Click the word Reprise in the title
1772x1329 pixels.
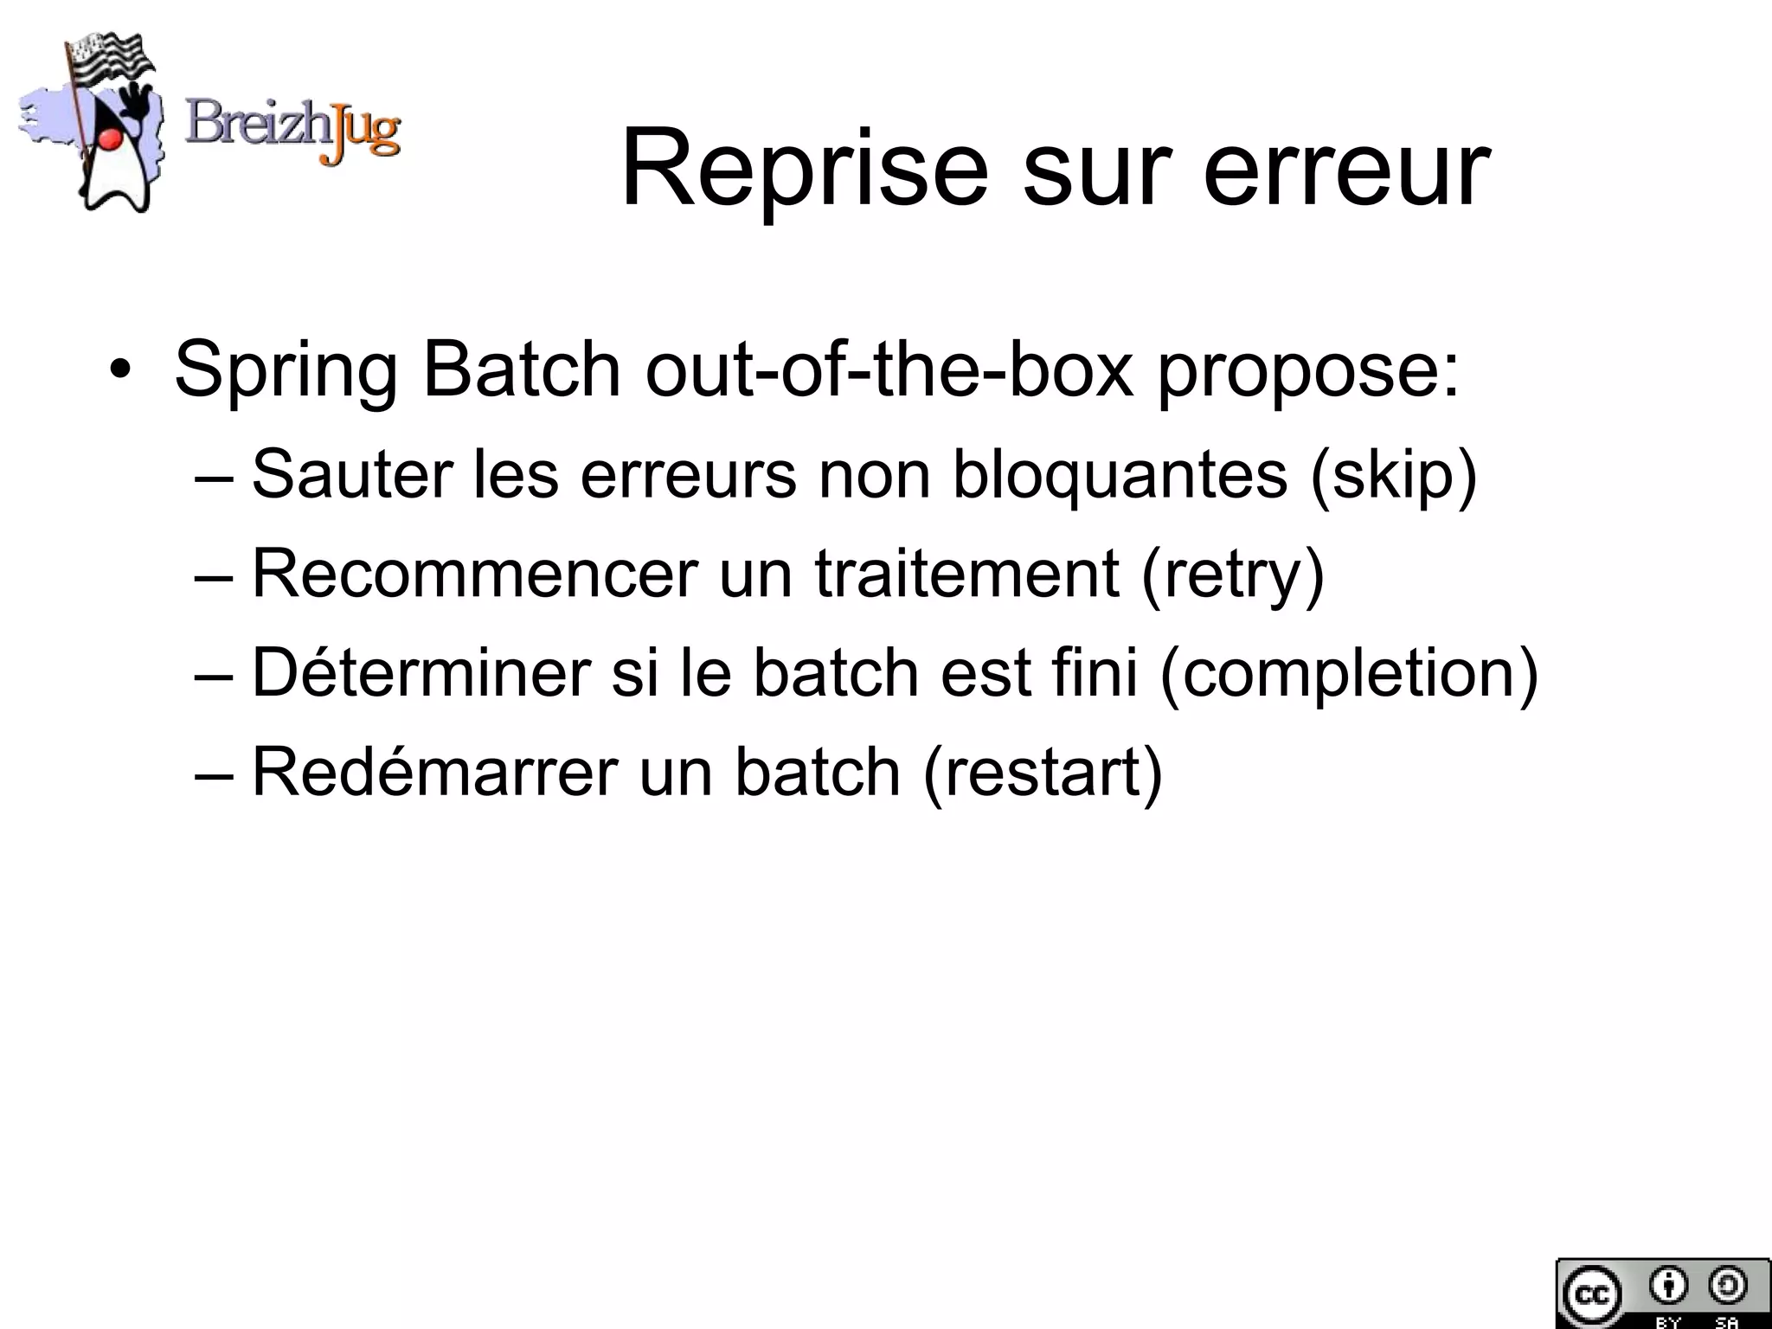pyautogui.click(x=805, y=169)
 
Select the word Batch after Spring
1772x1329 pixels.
pyautogui.click(x=522, y=369)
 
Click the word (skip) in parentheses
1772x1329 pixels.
pyautogui.click(x=1393, y=476)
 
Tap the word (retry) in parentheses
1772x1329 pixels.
pyautogui.click(x=1233, y=575)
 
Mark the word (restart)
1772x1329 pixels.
pyautogui.click(x=1043, y=773)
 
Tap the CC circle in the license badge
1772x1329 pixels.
pyautogui.click(x=1589, y=1294)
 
